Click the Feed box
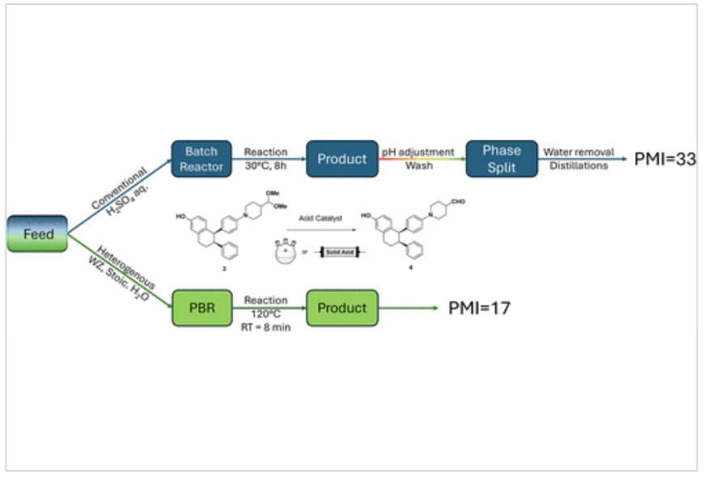click(37, 234)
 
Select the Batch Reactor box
click(196, 158)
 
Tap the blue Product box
click(341, 158)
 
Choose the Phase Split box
click(502, 158)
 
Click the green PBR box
click(201, 308)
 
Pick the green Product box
click(341, 308)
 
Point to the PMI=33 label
click(664, 159)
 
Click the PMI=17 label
click(479, 308)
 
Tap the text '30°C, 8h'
click(266, 167)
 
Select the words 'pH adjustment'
click(418, 151)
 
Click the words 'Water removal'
click(579, 151)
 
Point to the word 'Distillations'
click(579, 167)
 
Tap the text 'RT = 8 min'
click(266, 327)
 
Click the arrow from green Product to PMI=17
click(409, 308)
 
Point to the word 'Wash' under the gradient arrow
click(418, 167)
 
